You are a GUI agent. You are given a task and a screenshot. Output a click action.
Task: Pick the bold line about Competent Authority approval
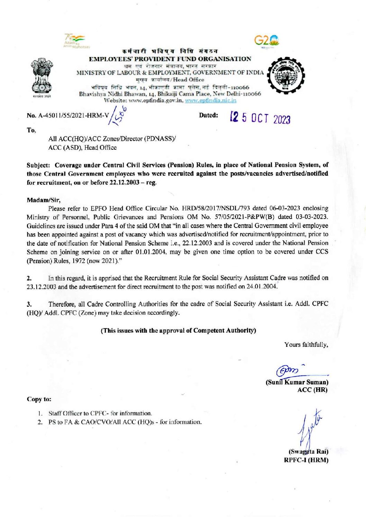pyautogui.click(x=178, y=330)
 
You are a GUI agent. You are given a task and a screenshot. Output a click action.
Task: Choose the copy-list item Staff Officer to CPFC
pyautogui.click(x=100, y=413)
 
